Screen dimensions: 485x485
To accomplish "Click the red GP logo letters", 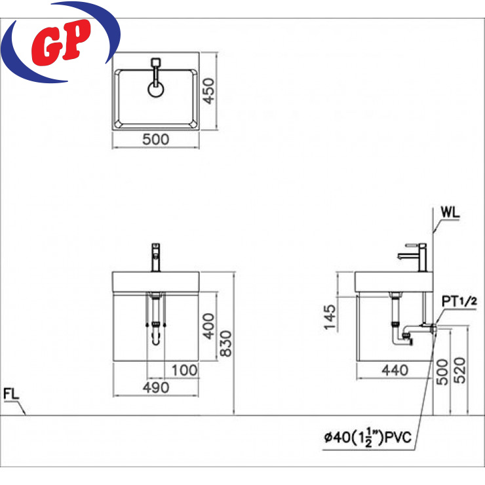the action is (61, 43).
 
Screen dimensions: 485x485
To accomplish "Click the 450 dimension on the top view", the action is (208, 91).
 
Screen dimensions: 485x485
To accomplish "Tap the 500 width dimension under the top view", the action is (155, 140).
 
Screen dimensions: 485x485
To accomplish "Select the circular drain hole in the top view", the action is (156, 90).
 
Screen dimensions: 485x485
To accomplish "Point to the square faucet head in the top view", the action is (156, 62).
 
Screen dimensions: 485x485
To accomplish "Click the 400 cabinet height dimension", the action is (208, 326).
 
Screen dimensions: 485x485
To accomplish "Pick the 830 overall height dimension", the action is (226, 343).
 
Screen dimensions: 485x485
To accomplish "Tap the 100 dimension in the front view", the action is (184, 370).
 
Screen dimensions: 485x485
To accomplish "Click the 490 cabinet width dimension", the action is (156, 387).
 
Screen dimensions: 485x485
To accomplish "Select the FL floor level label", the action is (11, 394).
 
